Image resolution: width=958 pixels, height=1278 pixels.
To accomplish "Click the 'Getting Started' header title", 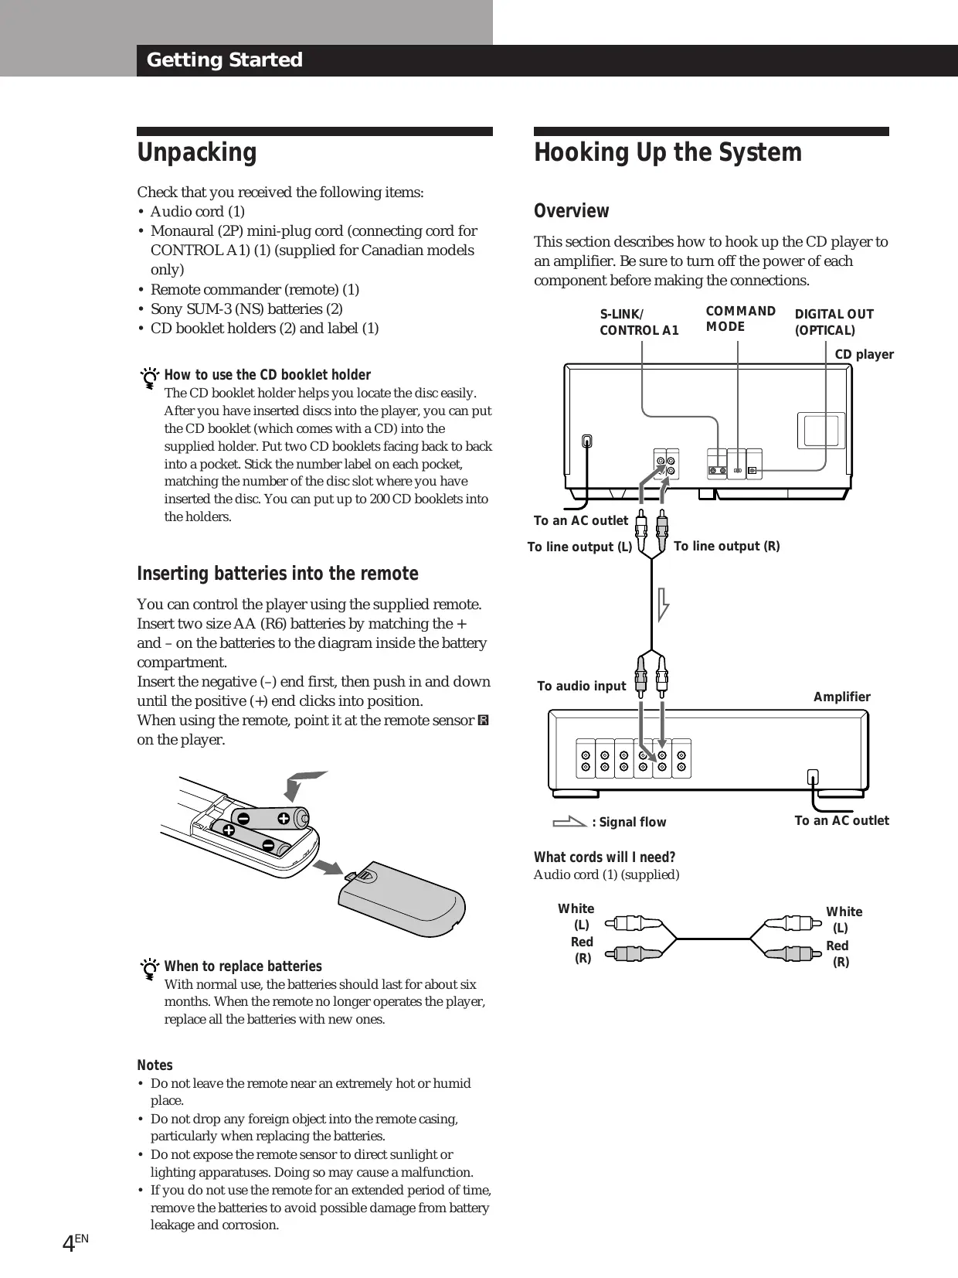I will [x=224, y=60].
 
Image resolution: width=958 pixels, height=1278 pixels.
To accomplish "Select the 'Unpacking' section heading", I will [x=196, y=152].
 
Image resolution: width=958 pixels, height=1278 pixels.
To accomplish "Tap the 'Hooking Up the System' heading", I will [x=668, y=152].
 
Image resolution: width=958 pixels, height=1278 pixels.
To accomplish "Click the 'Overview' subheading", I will [x=571, y=211].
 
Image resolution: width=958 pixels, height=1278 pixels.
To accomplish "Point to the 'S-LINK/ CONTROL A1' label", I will [x=639, y=322].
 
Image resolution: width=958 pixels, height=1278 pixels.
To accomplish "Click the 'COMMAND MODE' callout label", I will [x=740, y=319].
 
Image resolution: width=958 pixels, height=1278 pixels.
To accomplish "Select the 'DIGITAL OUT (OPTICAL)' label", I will [x=834, y=322].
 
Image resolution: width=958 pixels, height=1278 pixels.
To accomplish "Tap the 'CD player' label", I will [x=864, y=355].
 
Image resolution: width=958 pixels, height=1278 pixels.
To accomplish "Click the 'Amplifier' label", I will [x=841, y=697].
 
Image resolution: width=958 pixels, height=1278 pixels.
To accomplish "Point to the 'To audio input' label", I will [x=581, y=687].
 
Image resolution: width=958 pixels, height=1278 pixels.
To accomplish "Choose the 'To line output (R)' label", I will [x=726, y=547].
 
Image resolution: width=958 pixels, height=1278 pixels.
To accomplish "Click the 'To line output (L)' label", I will [x=579, y=547].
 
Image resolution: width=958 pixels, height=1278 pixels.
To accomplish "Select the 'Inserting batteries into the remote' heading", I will [x=277, y=574].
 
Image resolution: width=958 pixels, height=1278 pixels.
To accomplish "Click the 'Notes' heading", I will [x=155, y=1065].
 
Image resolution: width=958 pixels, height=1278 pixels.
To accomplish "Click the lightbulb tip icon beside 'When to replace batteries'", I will [x=149, y=970].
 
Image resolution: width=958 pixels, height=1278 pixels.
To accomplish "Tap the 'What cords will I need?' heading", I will [x=604, y=857].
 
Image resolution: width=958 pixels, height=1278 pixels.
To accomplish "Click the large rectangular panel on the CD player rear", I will [x=820, y=431].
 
